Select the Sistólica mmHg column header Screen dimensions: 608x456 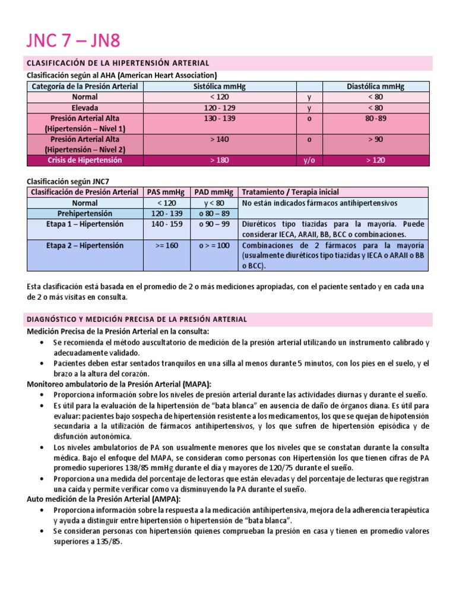pyautogui.click(x=220, y=86)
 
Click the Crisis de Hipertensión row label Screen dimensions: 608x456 pyautogui.click(x=85, y=160)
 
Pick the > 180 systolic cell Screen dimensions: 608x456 pyautogui.click(x=220, y=160)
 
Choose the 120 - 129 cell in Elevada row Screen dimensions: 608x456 pyautogui.click(x=220, y=107)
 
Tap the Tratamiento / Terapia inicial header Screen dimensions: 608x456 pyautogui.click(x=290, y=192)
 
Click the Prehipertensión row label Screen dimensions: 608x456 pyautogui.click(x=85, y=213)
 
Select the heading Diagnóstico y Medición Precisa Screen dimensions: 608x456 pyautogui.click(x=137, y=319)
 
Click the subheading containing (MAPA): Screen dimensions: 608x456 pyautogui.click(x=119, y=384)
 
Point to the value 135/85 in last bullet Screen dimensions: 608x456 pyautogui.click(x=107, y=541)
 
